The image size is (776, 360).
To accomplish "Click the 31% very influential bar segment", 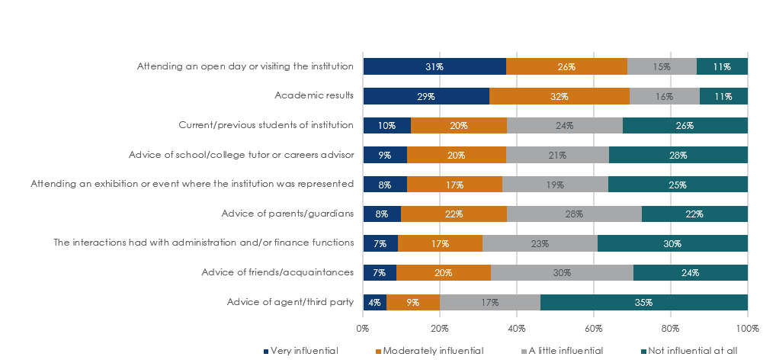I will (x=434, y=66).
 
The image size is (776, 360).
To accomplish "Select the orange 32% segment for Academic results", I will (x=559, y=96).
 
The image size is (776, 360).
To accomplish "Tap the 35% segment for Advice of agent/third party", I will (x=644, y=302).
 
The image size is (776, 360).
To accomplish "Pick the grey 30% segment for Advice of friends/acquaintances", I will (x=562, y=272).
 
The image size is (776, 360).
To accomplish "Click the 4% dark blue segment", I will (x=374, y=302).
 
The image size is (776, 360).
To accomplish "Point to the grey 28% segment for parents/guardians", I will (x=574, y=214).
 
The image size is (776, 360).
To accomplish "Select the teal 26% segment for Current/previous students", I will (x=685, y=125).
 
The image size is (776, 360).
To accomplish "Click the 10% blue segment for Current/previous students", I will (x=386, y=125).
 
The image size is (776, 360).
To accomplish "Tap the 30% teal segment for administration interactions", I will (x=672, y=243).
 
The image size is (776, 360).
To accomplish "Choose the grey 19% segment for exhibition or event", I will (x=555, y=184).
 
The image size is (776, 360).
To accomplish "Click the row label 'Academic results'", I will (x=313, y=96).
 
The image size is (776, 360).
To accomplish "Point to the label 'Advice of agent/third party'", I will (x=290, y=302).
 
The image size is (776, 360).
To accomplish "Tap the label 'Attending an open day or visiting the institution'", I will (x=245, y=66).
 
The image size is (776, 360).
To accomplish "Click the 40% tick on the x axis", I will (x=516, y=329).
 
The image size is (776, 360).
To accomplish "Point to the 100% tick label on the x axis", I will (x=747, y=329).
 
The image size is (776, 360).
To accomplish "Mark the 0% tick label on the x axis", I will (x=363, y=329).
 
